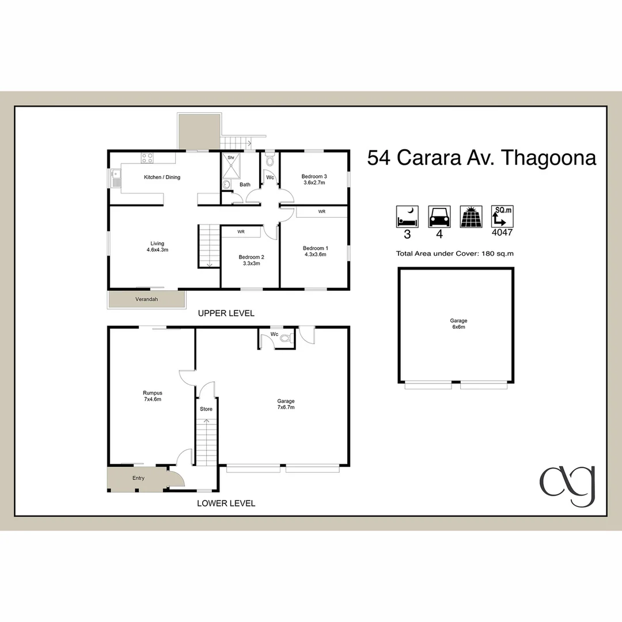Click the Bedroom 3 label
click(314, 180)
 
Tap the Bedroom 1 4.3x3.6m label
click(314, 251)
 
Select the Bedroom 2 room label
click(251, 260)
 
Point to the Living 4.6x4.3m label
click(157, 246)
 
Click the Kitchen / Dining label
click(162, 177)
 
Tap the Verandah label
click(146, 299)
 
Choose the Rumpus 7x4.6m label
click(153, 396)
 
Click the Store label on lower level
click(206, 409)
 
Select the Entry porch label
click(138, 478)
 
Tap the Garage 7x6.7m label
click(286, 404)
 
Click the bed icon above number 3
click(407, 217)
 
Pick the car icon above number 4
click(439, 217)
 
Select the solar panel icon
click(471, 217)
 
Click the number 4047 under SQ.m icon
click(502, 233)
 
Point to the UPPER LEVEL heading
click(226, 313)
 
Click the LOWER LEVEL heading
click(226, 503)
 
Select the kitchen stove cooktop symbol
click(147, 157)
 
